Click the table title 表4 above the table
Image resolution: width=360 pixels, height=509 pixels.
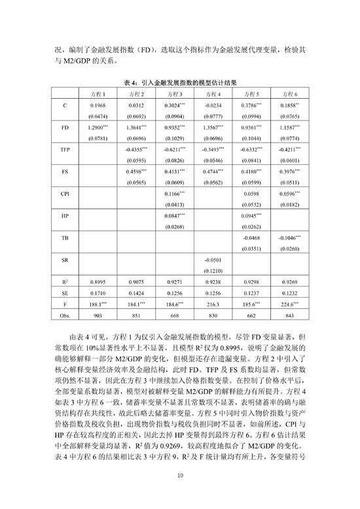[x=180, y=83]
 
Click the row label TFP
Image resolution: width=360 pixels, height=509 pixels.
[x=64, y=150]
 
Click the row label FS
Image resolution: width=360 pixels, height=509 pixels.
[x=64, y=172]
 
